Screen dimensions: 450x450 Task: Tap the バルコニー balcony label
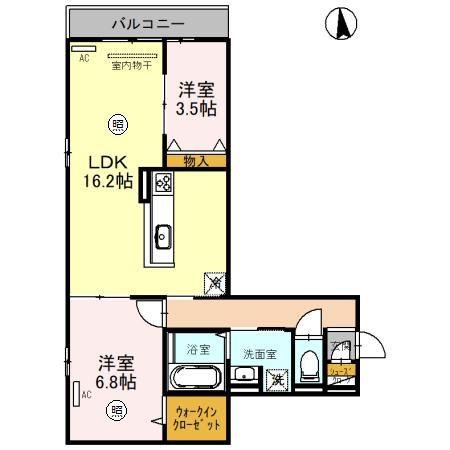point(148,21)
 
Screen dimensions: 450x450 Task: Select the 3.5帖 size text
point(196,108)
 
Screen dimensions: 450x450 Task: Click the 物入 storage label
point(196,160)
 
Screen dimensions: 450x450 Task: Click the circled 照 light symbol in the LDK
point(117,124)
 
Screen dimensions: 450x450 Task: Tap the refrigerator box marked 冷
point(213,283)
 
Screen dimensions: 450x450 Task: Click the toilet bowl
point(310,362)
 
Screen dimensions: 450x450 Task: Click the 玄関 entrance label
point(340,347)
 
